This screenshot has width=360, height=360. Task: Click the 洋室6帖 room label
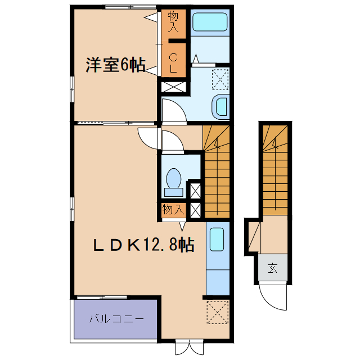click(114, 65)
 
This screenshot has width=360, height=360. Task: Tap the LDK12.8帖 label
click(143, 245)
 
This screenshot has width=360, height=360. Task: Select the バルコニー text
click(116, 319)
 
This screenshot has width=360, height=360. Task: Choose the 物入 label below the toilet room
click(172, 210)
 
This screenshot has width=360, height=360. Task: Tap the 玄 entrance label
click(273, 268)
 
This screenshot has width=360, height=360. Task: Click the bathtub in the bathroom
click(210, 22)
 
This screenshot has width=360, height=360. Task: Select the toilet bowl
click(174, 179)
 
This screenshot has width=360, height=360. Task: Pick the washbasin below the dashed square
click(220, 106)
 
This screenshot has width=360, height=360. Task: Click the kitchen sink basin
click(217, 240)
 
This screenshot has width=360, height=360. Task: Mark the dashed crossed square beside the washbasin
click(220, 78)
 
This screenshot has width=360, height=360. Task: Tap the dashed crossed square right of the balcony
click(217, 312)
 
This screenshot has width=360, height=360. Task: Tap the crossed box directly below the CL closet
click(173, 87)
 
